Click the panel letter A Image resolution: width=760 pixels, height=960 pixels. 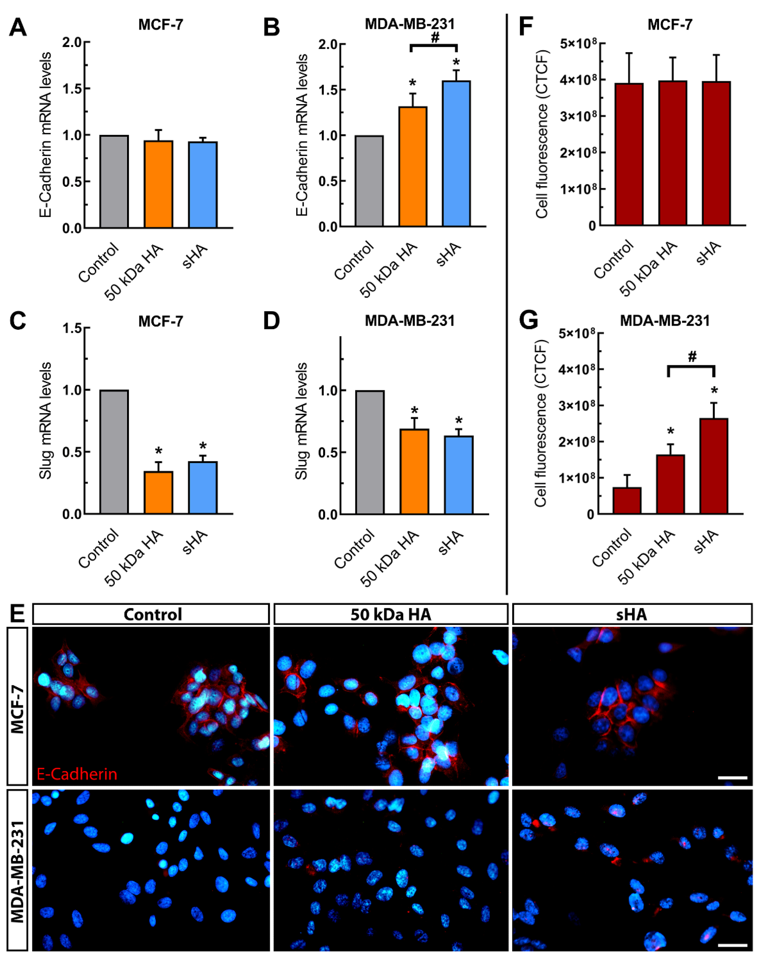18,27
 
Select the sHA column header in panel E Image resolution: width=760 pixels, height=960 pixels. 631,614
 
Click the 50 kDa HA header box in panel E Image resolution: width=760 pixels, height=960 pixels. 390,614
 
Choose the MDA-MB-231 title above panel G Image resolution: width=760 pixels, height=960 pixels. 665,321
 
